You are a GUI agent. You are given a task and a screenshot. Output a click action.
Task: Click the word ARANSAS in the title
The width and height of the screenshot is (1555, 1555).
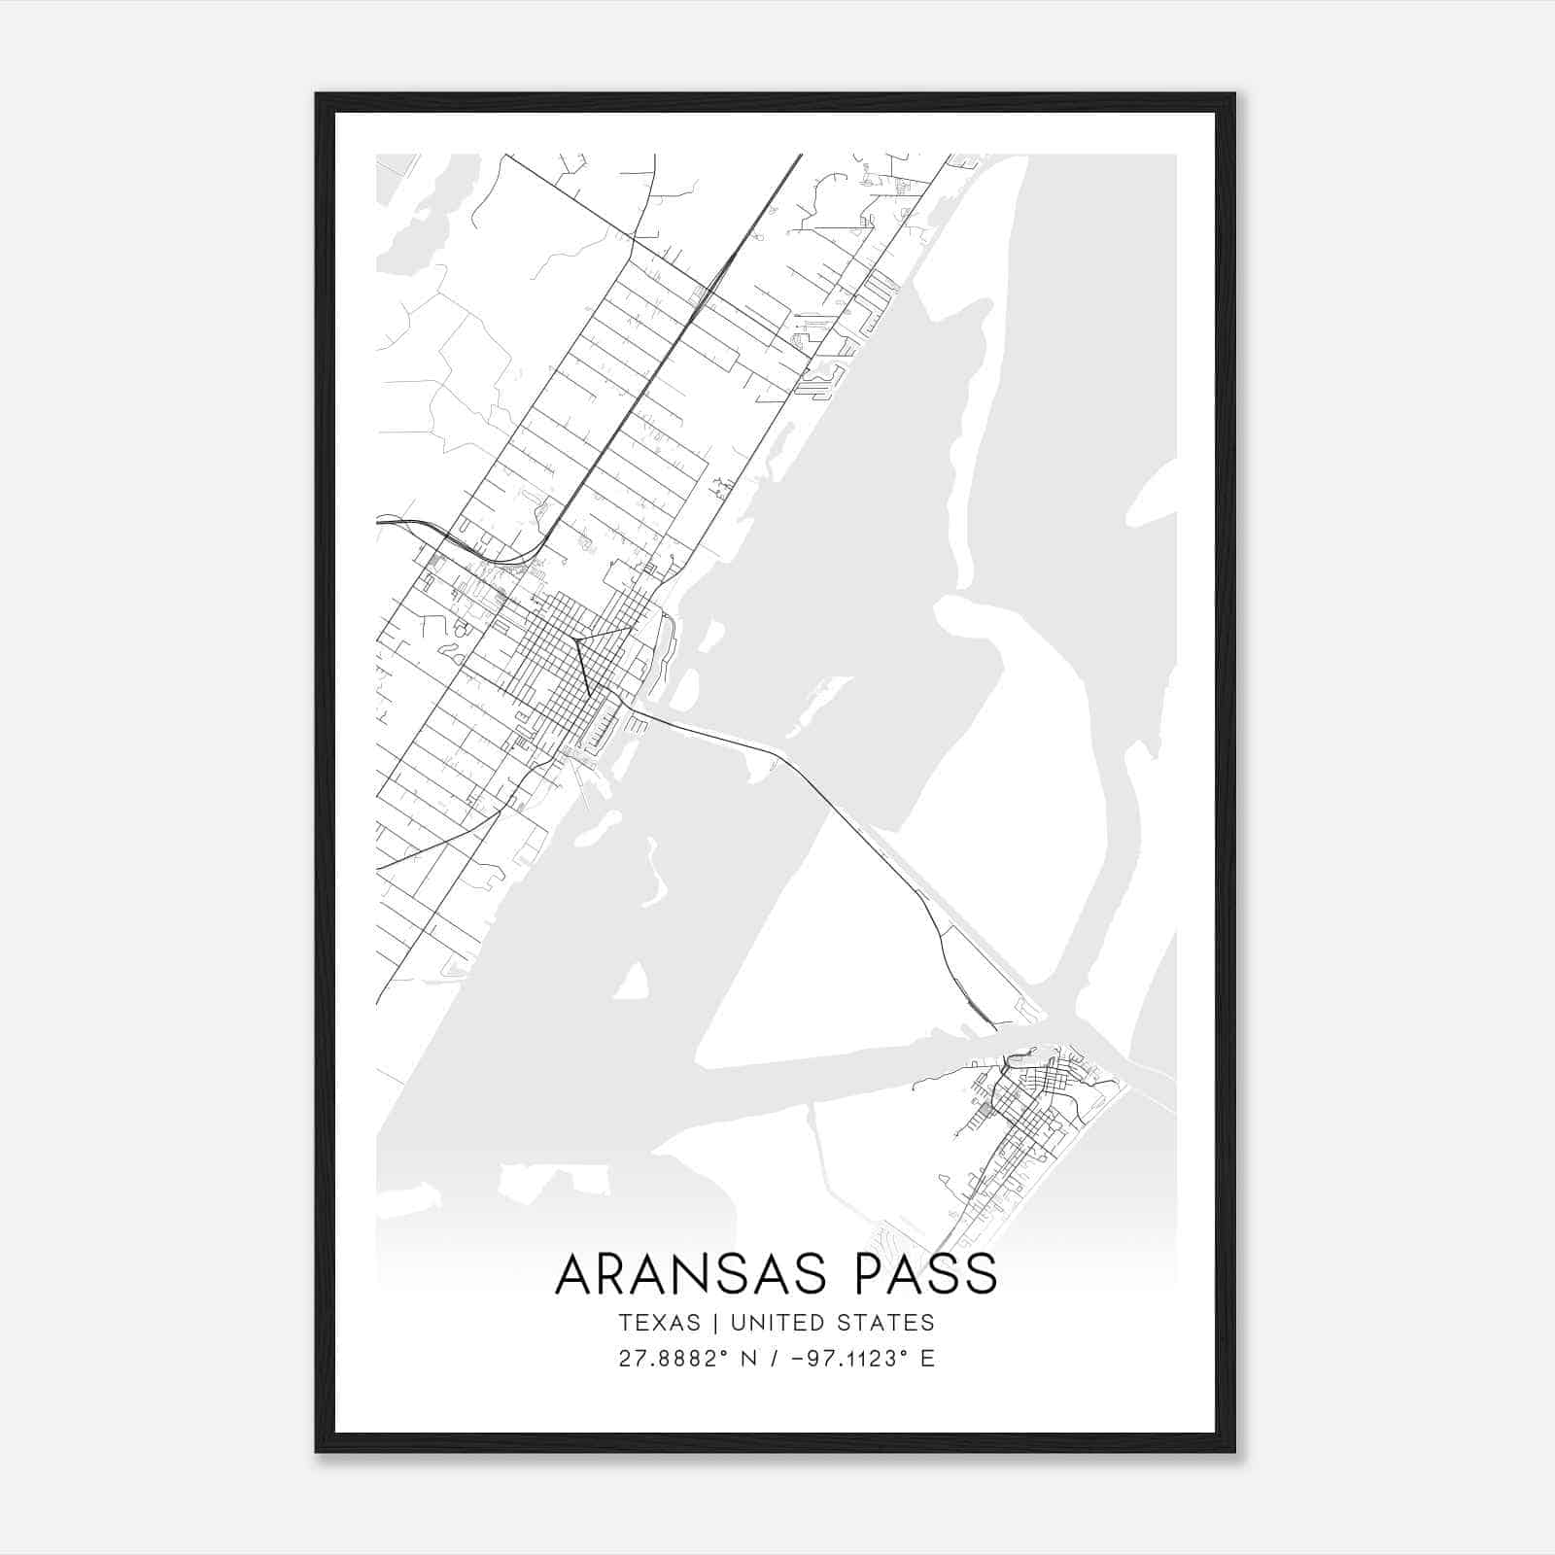(x=694, y=1274)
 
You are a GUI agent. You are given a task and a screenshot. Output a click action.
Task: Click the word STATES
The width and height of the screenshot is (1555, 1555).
(x=885, y=1323)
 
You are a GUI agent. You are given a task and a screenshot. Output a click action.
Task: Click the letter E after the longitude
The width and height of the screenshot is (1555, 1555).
(x=927, y=1359)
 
